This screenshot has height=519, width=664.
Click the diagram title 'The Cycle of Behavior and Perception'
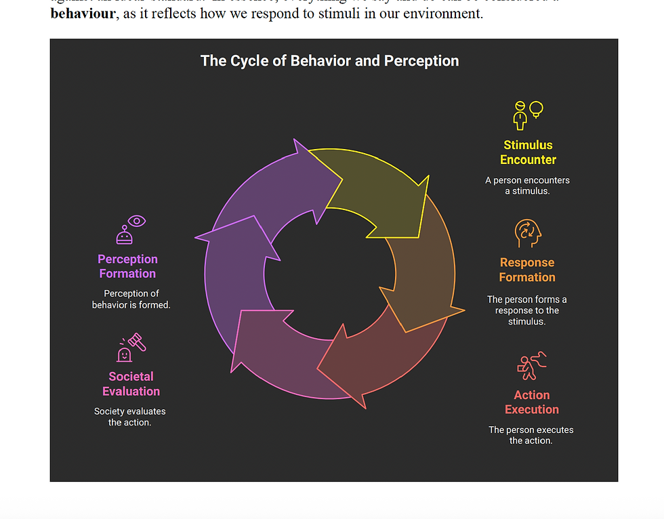click(329, 61)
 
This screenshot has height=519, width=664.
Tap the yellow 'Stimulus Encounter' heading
click(528, 152)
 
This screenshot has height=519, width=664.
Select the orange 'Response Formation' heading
click(527, 270)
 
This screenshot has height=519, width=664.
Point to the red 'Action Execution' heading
click(532, 402)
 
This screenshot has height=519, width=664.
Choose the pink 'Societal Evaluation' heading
click(131, 383)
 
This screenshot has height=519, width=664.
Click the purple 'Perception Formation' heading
click(127, 266)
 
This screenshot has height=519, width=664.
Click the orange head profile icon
click(528, 234)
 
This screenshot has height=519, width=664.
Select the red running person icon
click(532, 366)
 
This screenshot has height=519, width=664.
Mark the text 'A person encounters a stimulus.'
click(527, 186)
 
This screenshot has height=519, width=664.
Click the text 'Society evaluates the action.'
click(129, 417)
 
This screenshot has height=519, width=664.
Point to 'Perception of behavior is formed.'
click(131, 299)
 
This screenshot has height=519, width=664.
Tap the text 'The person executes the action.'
click(531, 435)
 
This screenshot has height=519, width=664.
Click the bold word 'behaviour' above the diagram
click(82, 14)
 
